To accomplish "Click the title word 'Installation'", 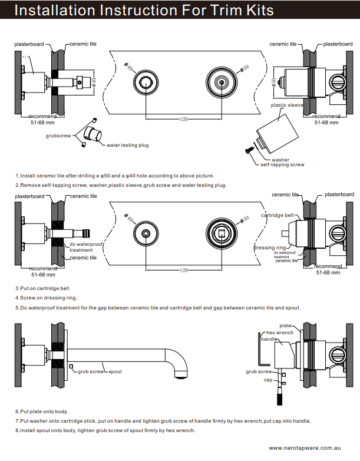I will point(53,11).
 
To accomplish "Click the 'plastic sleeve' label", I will point(286,105).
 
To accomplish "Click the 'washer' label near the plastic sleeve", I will point(280,159).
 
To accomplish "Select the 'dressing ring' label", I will point(269,248).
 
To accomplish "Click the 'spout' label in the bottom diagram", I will point(115,372).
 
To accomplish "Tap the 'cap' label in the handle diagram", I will point(267,380).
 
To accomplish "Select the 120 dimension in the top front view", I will point(184,120).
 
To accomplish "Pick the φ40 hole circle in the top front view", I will point(145,83).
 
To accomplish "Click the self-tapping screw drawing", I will point(249,152).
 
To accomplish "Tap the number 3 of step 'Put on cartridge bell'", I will point(16,288).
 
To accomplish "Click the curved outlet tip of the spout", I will point(180,373).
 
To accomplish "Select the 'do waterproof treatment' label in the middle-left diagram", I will point(86,246).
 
